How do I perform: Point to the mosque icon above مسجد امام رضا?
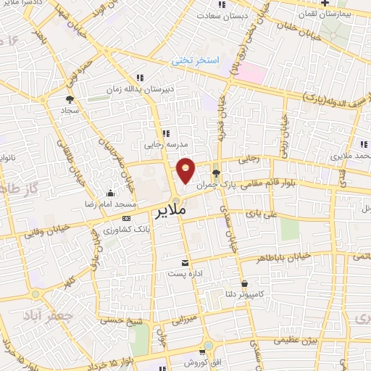pyautogui.click(x=110, y=193)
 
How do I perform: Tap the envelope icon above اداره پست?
pyautogui.click(x=185, y=262)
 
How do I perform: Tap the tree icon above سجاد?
pyautogui.click(x=70, y=99)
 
